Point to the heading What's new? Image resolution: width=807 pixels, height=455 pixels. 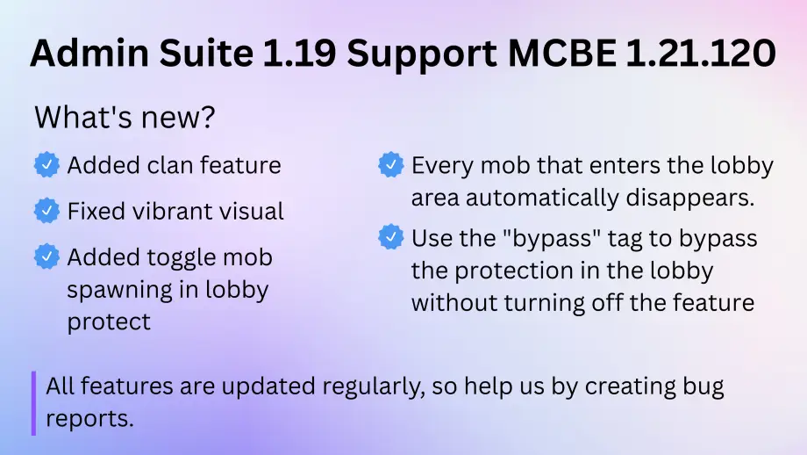coord(124,118)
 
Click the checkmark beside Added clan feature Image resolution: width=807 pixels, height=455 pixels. coord(46,164)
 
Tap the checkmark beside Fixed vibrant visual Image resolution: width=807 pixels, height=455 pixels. coord(46,211)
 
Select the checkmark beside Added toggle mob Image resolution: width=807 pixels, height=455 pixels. coord(46,256)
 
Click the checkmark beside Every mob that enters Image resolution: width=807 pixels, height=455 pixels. coord(390,164)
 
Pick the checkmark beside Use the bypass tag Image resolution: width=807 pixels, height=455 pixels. coord(390,237)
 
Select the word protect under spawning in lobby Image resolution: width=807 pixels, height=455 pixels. coord(109,321)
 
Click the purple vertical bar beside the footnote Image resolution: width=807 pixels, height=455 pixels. coord(33,402)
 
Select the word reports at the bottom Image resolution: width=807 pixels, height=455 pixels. coord(89,418)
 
